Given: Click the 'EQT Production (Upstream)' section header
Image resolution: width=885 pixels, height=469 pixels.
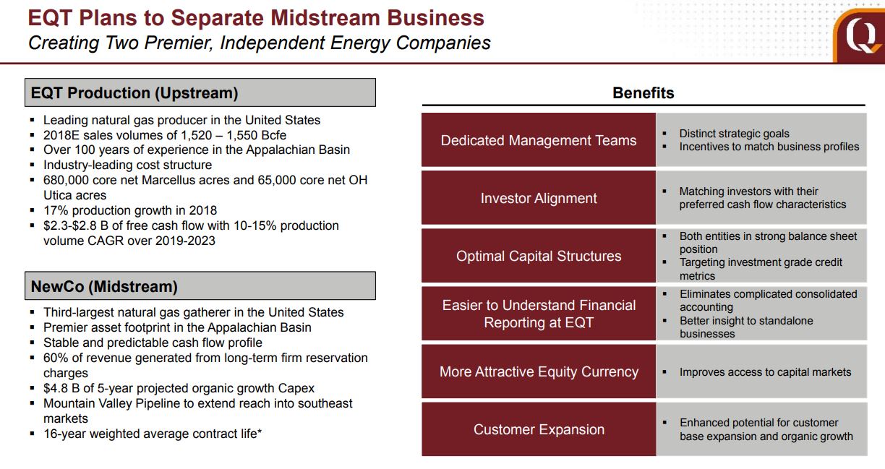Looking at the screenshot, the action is click(200, 92).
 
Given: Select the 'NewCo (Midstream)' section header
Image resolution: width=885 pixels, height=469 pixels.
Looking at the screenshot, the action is click(200, 286).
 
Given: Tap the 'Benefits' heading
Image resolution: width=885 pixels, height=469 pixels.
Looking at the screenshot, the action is click(644, 92).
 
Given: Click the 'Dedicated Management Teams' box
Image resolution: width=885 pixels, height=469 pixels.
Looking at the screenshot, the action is click(539, 139).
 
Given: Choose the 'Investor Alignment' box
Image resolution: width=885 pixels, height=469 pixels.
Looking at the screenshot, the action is click(539, 198).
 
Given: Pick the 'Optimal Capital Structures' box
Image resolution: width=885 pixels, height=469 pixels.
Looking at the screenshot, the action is click(539, 255).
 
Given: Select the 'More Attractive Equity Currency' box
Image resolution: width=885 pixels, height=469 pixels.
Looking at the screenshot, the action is click(539, 371).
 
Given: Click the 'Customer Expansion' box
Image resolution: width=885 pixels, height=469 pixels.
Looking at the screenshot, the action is click(539, 429).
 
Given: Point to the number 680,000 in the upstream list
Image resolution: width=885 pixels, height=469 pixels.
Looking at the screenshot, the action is click(66, 180).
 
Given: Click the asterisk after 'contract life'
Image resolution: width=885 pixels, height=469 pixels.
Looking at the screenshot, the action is click(259, 431).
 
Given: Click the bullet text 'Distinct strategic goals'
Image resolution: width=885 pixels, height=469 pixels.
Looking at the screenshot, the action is click(734, 134).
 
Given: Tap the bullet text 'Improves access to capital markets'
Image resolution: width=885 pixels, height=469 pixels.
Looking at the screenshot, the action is click(765, 372).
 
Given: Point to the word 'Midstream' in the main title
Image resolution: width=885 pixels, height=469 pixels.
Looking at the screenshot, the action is click(325, 18).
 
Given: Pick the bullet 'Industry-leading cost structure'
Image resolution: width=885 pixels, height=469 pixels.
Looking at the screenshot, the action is click(127, 165).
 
